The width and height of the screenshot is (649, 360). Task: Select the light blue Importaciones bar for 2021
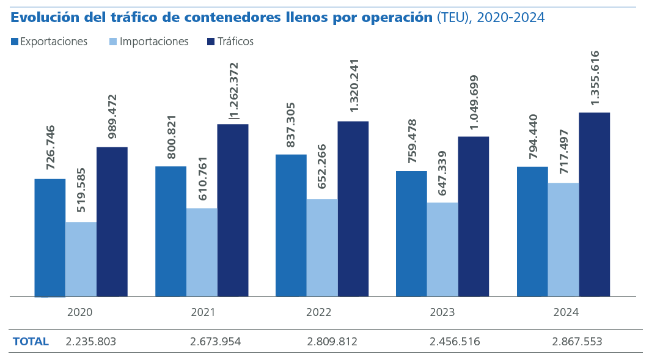[x=202, y=252]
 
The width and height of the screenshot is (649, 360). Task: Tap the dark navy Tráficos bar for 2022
[x=353, y=208]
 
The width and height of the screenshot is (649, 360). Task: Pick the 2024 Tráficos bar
[x=594, y=204]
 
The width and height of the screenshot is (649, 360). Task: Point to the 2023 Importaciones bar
[x=442, y=249]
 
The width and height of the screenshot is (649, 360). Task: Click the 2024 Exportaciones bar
[x=532, y=231]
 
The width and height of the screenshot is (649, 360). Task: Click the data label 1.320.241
[x=354, y=85]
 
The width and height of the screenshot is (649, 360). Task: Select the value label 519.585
[x=82, y=189]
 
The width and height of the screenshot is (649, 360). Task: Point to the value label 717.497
[x=564, y=151]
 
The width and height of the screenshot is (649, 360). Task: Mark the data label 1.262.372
[x=234, y=90]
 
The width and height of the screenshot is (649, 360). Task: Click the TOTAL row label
[x=31, y=342]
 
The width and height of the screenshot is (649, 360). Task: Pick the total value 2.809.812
[x=332, y=342]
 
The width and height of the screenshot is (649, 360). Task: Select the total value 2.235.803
[x=90, y=342]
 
